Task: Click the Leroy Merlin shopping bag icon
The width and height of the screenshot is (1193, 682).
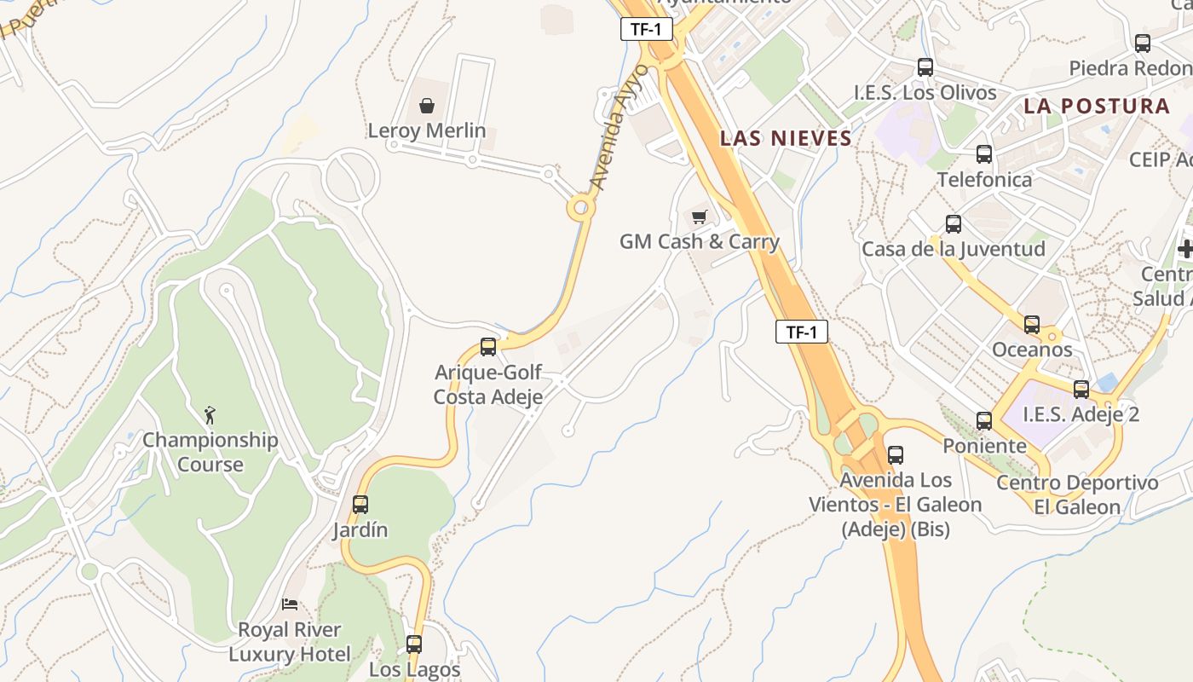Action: click(x=427, y=106)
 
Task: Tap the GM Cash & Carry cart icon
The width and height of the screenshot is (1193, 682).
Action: click(x=700, y=217)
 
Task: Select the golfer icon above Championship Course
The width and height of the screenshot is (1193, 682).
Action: click(x=210, y=415)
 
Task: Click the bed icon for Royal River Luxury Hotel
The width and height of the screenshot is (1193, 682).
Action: click(x=290, y=604)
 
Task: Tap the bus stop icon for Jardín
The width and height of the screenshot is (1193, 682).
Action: click(x=360, y=505)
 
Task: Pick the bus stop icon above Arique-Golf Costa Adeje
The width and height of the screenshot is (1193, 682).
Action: click(x=488, y=347)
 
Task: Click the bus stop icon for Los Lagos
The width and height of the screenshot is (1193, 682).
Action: click(x=414, y=644)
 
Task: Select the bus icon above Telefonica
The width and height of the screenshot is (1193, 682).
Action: click(x=984, y=154)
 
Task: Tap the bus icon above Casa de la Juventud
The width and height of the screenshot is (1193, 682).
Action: click(x=954, y=224)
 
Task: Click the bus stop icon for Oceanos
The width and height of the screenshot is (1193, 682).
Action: click(x=1032, y=325)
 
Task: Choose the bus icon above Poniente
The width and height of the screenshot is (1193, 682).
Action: click(x=984, y=421)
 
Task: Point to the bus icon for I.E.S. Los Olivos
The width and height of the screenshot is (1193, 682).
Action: click(x=925, y=67)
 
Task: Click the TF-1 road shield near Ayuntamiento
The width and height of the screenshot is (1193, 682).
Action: click(x=646, y=29)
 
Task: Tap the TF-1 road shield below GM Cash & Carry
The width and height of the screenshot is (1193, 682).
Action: click(x=801, y=332)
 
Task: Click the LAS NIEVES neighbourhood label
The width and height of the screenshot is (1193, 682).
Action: click(x=786, y=138)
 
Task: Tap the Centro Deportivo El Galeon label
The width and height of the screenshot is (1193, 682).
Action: click(x=1077, y=494)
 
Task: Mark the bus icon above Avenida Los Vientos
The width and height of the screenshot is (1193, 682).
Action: click(x=895, y=455)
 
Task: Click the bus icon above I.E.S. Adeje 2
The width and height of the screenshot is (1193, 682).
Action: click(x=1081, y=390)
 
